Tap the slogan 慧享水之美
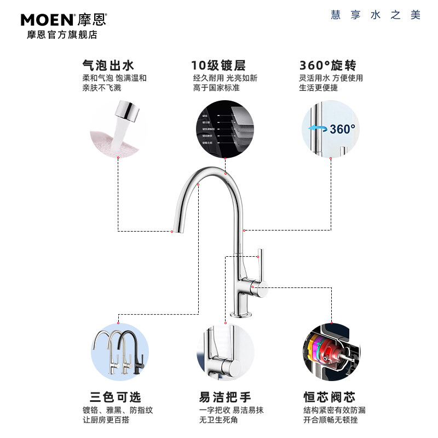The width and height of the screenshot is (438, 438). click(x=376, y=15)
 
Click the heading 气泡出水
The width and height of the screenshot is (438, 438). click(x=108, y=66)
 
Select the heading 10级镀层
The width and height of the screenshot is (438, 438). click(x=218, y=66)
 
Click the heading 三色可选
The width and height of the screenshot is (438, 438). click(x=115, y=397)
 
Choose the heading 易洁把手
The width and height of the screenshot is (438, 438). click(x=224, y=397)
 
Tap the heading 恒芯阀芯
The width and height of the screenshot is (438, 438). click(x=329, y=397)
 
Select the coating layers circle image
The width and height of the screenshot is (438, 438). click(x=225, y=128)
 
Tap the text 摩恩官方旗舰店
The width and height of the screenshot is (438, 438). click(x=62, y=35)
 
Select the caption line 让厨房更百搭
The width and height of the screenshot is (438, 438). click(x=106, y=420)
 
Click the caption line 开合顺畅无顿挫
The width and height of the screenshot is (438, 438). click(x=331, y=420)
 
